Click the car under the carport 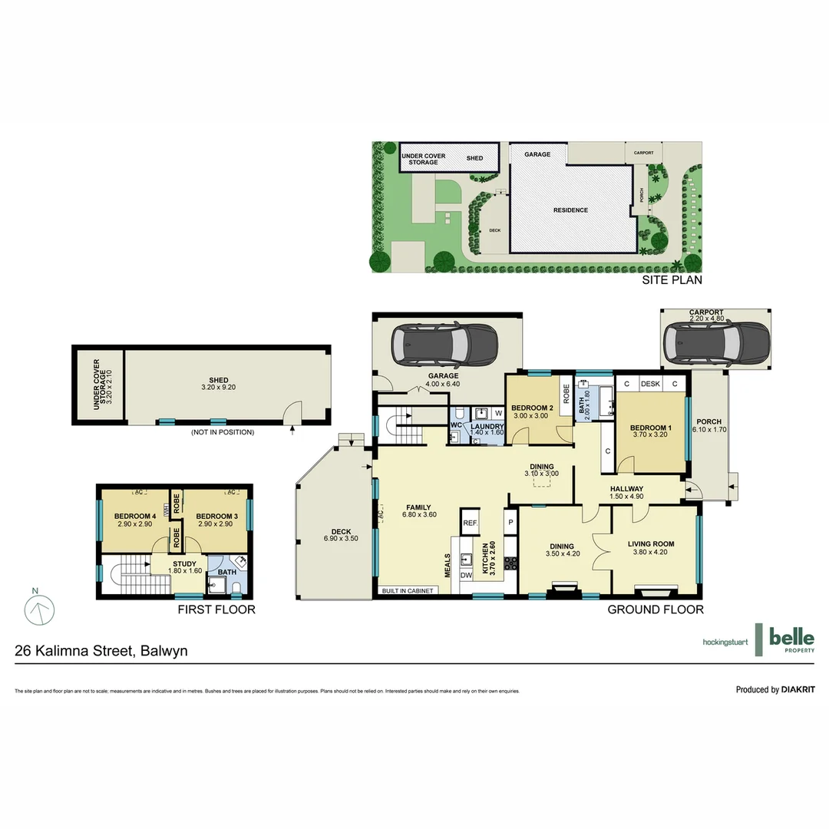point(716,342)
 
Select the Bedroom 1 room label point(650,428)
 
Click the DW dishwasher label point(466,575)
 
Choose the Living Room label point(650,543)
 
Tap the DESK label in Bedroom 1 point(650,384)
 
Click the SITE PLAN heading point(672,280)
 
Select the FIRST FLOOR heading point(216,609)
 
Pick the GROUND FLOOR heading point(656,609)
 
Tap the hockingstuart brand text point(725,642)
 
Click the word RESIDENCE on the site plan point(571,210)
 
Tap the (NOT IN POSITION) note point(223,432)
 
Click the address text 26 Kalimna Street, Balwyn point(101,651)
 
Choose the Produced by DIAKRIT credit point(775,689)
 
